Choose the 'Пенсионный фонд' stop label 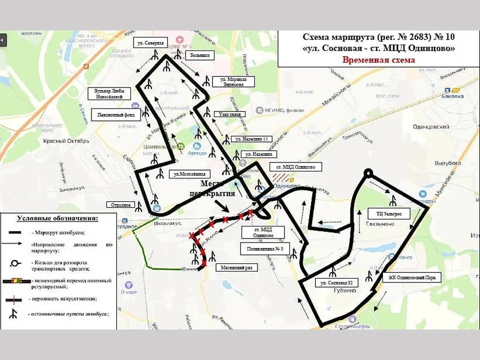coord(114,114)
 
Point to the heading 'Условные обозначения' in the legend coord(57,218)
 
